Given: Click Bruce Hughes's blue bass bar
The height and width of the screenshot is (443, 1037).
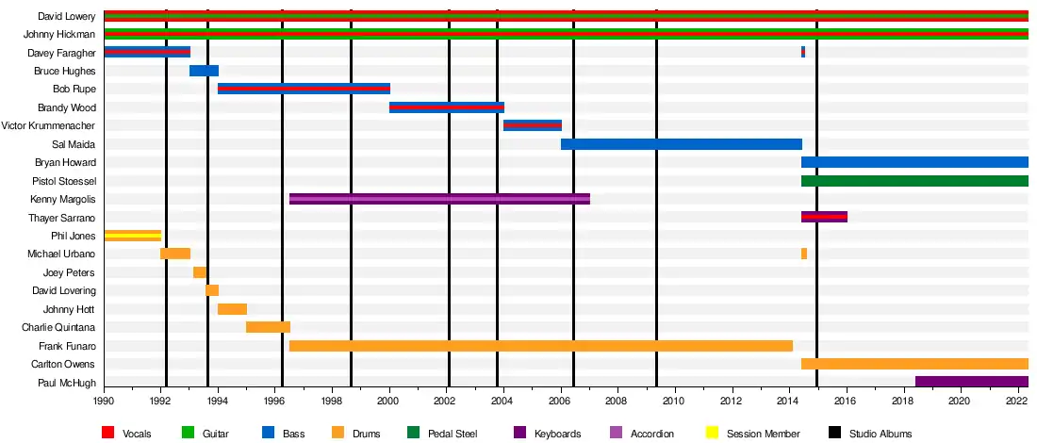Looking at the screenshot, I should tap(204, 71).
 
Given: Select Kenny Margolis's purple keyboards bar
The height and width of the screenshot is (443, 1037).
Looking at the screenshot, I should tap(439, 199).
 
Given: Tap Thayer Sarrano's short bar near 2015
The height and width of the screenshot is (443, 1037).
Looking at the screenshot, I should tap(824, 217).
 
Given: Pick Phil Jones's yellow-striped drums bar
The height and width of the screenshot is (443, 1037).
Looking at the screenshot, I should tap(132, 236).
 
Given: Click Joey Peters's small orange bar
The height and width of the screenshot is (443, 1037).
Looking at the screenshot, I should tap(200, 272).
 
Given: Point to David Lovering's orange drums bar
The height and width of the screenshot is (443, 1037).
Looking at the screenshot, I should tap(212, 290).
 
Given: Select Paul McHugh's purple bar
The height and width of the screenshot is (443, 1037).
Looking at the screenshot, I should tap(971, 382).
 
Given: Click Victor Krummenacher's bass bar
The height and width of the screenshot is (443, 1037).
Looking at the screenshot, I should tap(533, 125).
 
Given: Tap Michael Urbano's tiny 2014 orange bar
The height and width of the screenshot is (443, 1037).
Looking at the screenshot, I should tap(804, 254).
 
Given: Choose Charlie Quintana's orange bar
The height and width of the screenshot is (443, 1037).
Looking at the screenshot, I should tap(268, 327).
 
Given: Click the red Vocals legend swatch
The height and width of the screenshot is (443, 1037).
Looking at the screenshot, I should tap(109, 434).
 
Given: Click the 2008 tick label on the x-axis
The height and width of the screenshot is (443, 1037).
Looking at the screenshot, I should tap(617, 402).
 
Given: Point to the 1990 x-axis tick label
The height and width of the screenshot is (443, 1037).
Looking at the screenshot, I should tap(104, 402).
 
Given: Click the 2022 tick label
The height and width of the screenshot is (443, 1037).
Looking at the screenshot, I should tap(1016, 402).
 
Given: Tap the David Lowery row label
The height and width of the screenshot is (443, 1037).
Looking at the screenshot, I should tap(66, 16).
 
